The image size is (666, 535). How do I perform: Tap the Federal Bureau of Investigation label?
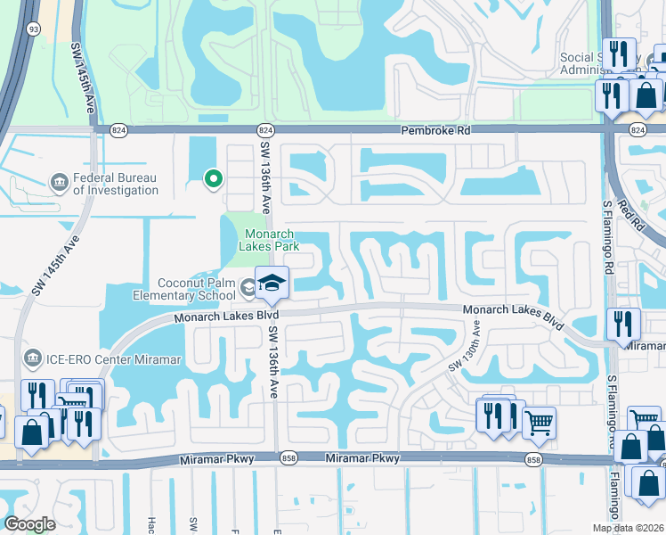coord(116,184)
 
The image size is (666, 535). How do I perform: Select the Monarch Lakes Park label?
coord(271,239)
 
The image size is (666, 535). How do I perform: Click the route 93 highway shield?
coord(33,29)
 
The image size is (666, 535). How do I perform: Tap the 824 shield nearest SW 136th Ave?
coord(265,129)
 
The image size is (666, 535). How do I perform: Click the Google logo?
coord(30,524)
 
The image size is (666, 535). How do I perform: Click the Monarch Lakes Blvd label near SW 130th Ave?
coord(514,317)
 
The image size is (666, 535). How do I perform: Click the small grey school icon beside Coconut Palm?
coord(245,285)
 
